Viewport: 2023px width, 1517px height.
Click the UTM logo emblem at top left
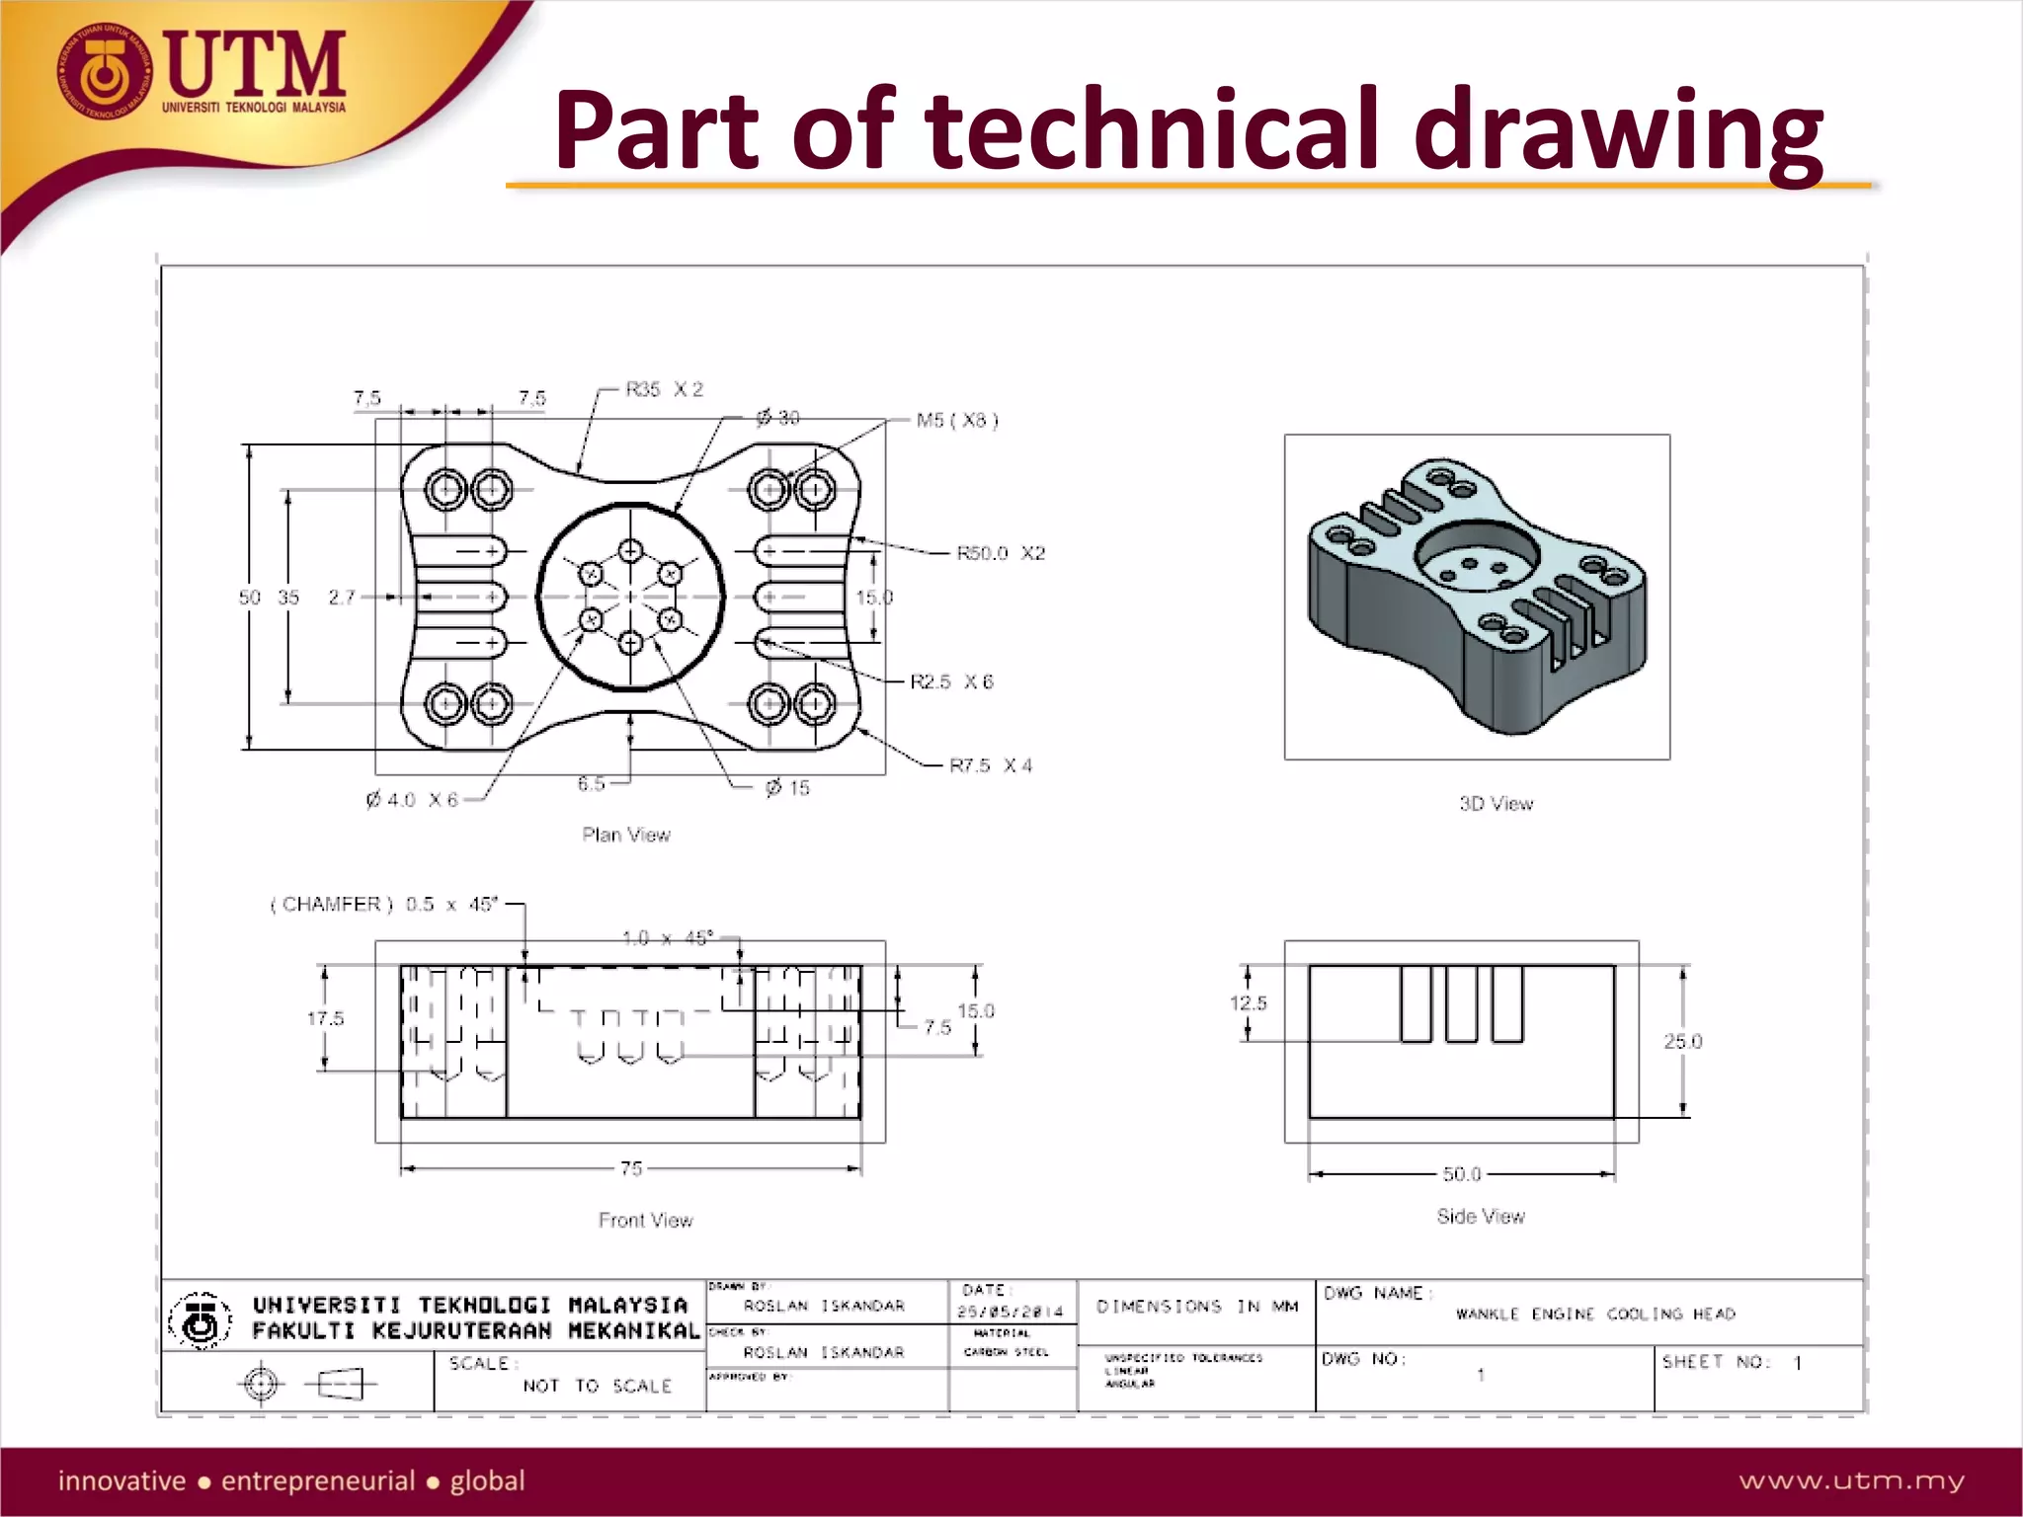(x=103, y=72)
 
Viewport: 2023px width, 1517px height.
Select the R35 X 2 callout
(x=665, y=389)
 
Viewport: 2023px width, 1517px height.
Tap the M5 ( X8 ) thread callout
(x=956, y=421)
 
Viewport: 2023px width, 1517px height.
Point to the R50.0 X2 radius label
(x=1000, y=553)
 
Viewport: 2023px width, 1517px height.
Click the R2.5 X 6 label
(x=951, y=681)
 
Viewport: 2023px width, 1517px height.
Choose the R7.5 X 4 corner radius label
(x=990, y=765)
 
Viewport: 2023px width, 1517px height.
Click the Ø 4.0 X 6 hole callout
(x=412, y=799)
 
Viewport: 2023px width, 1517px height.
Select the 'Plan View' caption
(x=626, y=835)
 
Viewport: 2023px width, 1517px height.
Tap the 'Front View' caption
(x=645, y=1220)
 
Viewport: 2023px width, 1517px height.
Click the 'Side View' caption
(x=1481, y=1216)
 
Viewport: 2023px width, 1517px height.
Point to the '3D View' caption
(x=1496, y=804)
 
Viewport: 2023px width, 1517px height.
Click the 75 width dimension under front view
(x=631, y=1168)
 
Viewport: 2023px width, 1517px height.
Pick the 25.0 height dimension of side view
(x=1682, y=1041)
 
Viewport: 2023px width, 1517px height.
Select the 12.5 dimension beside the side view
(x=1248, y=1002)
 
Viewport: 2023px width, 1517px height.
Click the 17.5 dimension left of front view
(x=325, y=1018)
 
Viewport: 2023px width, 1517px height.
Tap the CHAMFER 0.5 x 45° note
(x=385, y=904)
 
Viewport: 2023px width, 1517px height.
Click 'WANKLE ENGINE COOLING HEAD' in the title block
(x=1594, y=1314)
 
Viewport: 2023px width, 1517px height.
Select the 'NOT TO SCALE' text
(x=597, y=1386)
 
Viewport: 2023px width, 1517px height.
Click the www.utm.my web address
(x=1851, y=1480)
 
